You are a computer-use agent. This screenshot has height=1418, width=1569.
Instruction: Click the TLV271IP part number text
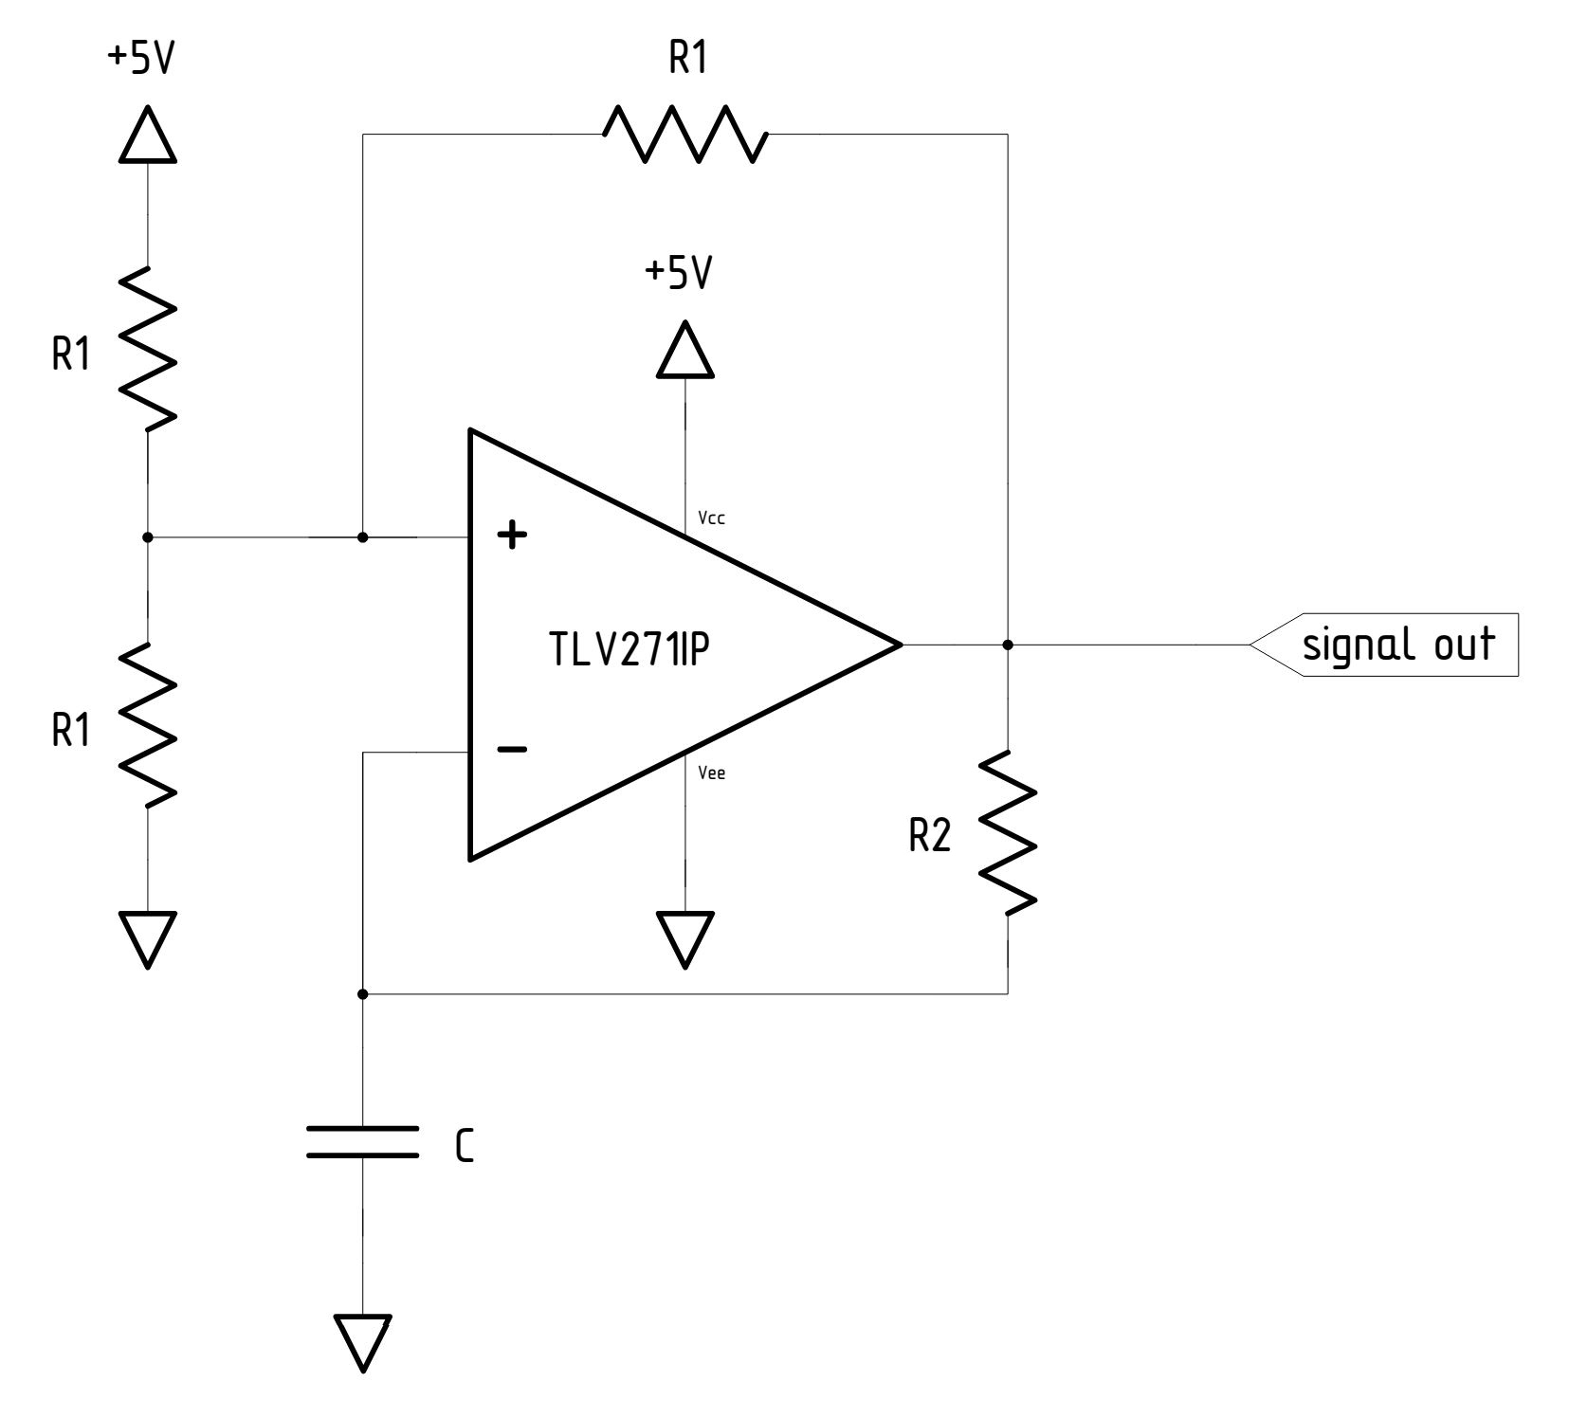coord(629,650)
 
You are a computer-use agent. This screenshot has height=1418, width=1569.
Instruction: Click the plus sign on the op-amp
coord(513,536)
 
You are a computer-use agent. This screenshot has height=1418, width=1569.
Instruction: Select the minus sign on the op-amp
coord(512,750)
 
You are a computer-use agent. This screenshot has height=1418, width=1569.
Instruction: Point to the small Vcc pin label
coord(711,518)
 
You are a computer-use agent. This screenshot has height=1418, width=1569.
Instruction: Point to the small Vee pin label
coord(711,773)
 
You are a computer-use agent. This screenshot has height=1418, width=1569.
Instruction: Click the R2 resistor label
coord(929,836)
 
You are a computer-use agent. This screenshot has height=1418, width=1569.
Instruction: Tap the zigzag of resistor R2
coord(1007,833)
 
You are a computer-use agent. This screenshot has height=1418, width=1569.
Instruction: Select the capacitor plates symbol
coord(362,1141)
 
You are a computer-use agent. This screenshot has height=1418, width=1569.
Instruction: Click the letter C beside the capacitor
coord(464,1148)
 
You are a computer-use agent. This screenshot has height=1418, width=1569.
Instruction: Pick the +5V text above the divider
coord(142,59)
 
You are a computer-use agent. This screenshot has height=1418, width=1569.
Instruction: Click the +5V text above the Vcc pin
coord(678,274)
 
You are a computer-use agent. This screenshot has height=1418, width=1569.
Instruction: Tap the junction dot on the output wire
coord(1008,645)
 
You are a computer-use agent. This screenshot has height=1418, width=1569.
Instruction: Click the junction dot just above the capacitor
coord(362,994)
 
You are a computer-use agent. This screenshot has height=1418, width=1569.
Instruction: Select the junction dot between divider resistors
coord(147,537)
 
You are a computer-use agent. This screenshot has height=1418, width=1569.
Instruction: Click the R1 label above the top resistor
coord(688,59)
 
